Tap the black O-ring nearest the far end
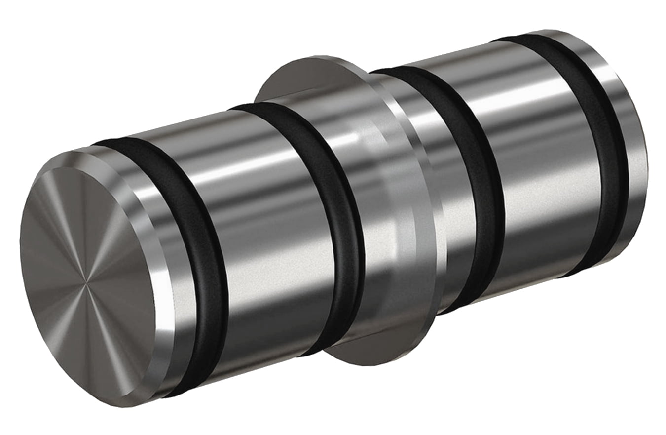pos(612,148)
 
